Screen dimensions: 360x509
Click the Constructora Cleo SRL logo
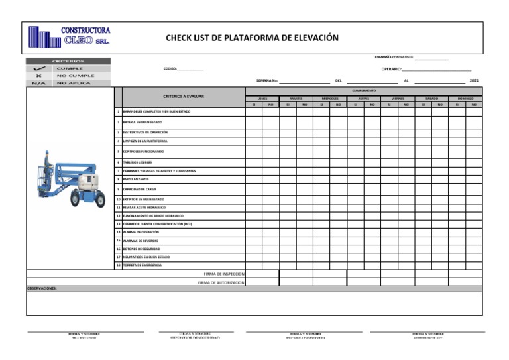click(x=69, y=36)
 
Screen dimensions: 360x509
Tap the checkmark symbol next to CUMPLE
click(x=39, y=68)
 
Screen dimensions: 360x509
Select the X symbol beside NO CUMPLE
click(x=39, y=76)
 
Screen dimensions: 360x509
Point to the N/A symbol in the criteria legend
click(x=39, y=83)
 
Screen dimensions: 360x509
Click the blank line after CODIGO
click(x=191, y=69)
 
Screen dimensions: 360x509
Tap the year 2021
click(x=473, y=80)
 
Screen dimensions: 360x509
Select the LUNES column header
click(x=262, y=98)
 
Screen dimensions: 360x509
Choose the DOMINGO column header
click(x=465, y=98)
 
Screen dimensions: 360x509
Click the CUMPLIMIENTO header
click(x=364, y=90)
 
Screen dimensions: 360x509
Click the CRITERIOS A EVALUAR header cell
click(x=184, y=96)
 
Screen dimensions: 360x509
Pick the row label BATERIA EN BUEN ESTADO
click(x=142, y=123)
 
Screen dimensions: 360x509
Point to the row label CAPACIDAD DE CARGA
click(x=140, y=189)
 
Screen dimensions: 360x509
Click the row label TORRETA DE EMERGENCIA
click(x=142, y=265)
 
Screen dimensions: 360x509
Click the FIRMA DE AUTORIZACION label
click(x=221, y=282)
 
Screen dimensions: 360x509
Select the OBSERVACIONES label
click(x=42, y=289)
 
